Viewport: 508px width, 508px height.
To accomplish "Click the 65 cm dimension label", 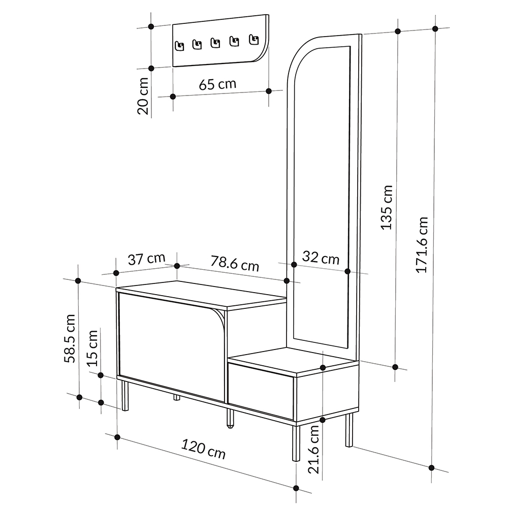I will (x=217, y=84).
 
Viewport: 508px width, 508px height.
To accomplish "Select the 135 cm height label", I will (x=387, y=207).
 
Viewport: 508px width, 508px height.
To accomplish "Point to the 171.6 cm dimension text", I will (x=422, y=245).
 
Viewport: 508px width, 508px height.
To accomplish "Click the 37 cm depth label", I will (x=146, y=260).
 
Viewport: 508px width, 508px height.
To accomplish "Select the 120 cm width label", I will (x=204, y=450).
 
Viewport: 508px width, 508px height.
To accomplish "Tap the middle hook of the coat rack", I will (x=215, y=43).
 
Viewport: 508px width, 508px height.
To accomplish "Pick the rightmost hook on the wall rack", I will (x=253, y=39).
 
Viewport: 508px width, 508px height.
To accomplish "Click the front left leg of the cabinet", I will (x=125, y=395).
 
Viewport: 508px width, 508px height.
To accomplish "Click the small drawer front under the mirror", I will (x=261, y=385).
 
